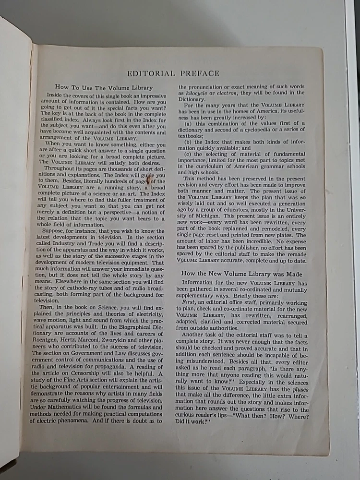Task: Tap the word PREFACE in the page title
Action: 200,73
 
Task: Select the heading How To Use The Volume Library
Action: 104,87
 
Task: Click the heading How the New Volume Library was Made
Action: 241,273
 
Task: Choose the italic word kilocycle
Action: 197,93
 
